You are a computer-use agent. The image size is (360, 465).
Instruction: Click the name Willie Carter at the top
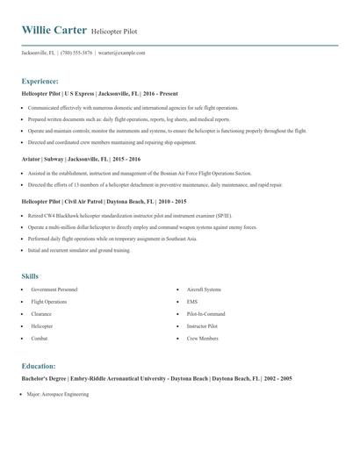coord(54,31)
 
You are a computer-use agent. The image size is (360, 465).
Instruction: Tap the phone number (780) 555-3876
coord(77,53)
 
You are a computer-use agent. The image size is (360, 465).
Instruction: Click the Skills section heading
coord(30,275)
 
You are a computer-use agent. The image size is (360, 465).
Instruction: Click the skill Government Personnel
coord(54,289)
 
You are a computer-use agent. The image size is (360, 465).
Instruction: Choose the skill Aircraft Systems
coord(204,289)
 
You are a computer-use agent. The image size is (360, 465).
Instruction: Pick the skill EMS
coord(191,301)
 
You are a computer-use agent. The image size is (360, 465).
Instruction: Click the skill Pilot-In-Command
coord(205,313)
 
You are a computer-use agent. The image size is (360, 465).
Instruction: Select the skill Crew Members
coord(202,338)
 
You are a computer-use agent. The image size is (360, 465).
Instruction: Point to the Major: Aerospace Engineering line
coord(60,395)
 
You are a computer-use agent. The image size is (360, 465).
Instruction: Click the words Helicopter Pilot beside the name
coord(114,32)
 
